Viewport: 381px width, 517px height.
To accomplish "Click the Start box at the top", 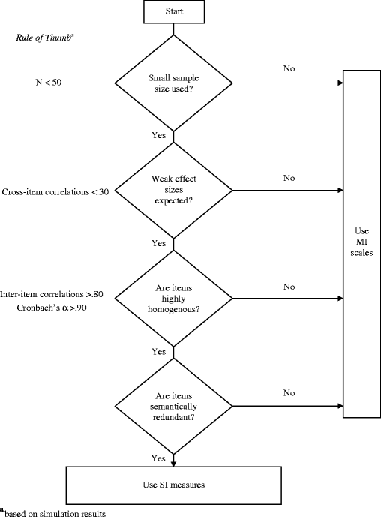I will click(173, 12).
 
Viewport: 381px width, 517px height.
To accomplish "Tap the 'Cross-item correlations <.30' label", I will click(55, 191).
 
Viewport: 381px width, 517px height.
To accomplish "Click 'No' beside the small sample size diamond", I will click(289, 68).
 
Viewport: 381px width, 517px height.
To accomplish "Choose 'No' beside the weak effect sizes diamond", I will click(289, 178).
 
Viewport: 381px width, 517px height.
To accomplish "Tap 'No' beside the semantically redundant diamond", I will click(289, 392).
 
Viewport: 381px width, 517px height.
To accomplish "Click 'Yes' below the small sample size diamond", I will click(160, 137).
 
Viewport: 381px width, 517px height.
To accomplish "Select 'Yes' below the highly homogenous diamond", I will click(160, 350).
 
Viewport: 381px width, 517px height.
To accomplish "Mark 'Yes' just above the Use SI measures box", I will click(160, 457).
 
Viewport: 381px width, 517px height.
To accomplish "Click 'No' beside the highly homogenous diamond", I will click(289, 286).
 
